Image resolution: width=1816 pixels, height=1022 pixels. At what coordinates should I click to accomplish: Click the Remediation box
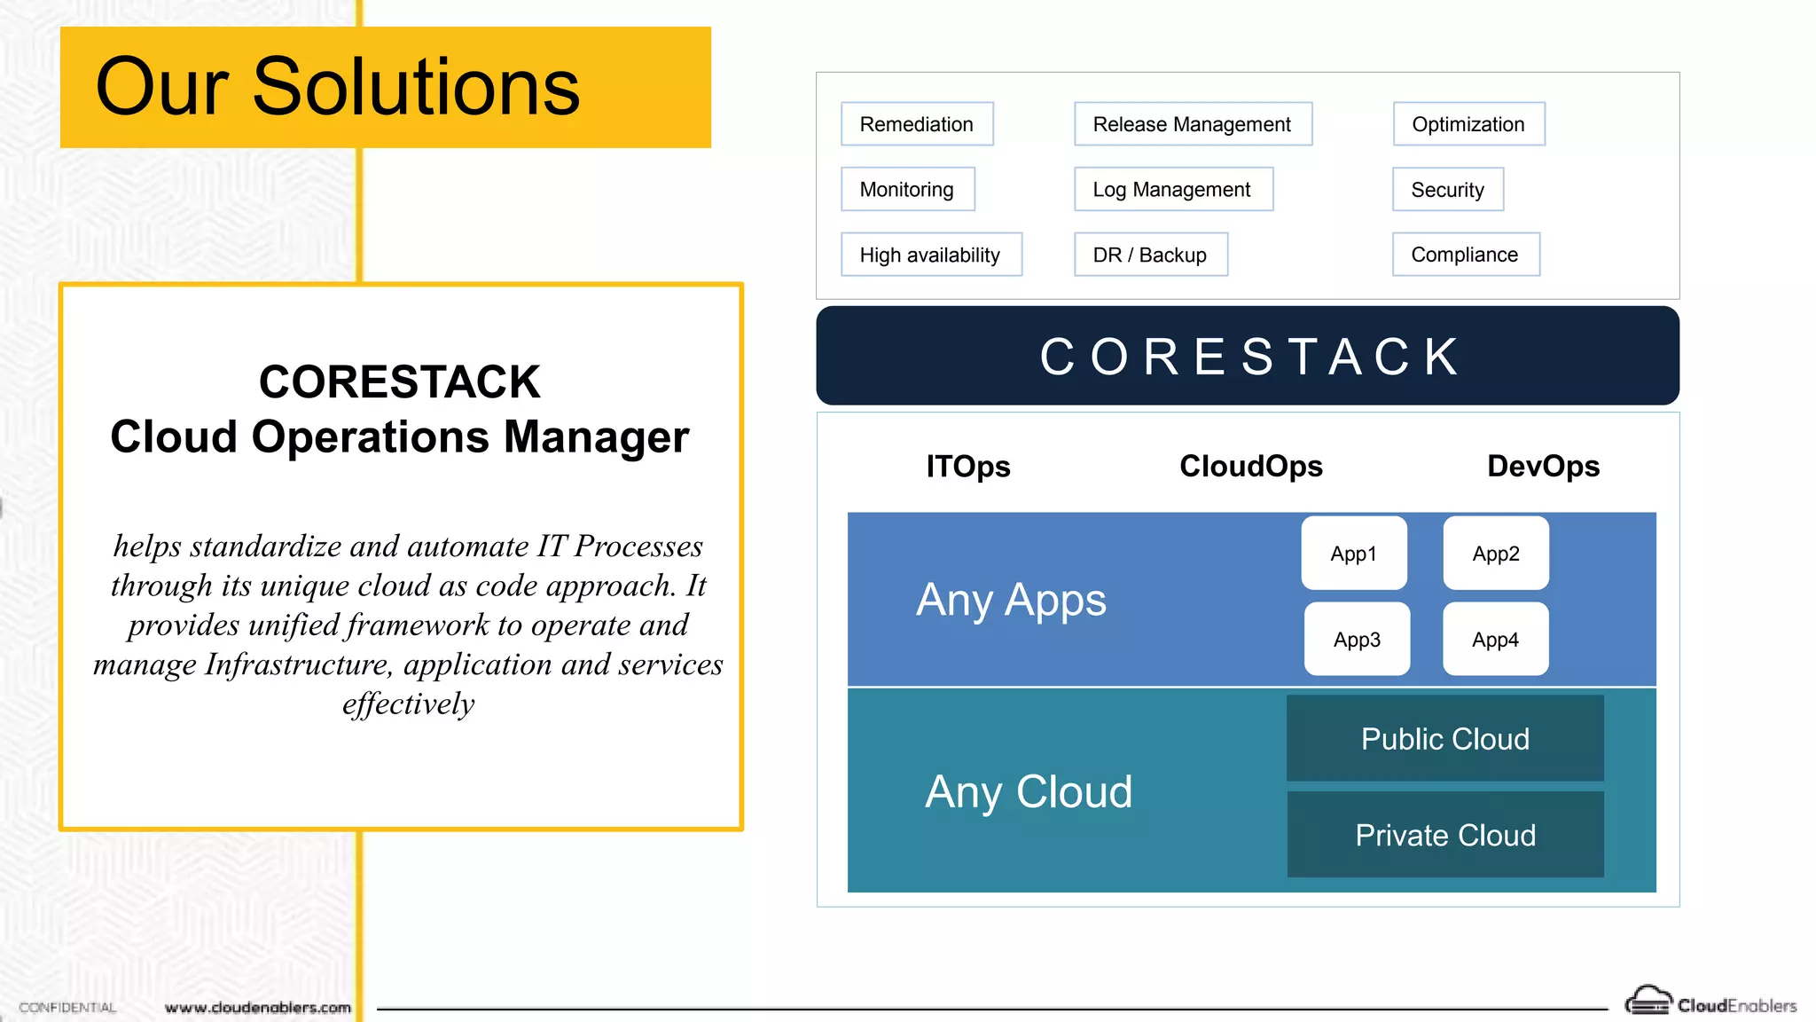click(x=917, y=124)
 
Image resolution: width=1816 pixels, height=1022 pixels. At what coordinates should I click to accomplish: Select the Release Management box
click(x=1193, y=124)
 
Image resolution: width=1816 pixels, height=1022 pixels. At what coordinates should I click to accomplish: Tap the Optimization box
click(x=1468, y=124)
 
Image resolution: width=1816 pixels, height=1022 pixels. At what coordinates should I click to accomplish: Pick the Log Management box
click(x=1172, y=189)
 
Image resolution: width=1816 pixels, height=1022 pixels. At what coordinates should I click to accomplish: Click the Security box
click(x=1447, y=190)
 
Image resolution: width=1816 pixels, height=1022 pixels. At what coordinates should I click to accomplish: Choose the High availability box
click(x=930, y=255)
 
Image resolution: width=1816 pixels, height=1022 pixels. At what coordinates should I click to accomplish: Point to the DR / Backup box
click(x=1150, y=255)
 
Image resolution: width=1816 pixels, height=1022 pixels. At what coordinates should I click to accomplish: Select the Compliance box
click(x=1465, y=255)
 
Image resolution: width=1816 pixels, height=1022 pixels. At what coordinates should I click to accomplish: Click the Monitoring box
click(x=907, y=189)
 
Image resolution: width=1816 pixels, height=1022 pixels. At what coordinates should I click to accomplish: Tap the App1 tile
click(x=1354, y=554)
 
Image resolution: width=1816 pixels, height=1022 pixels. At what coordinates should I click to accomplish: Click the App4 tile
click(x=1495, y=639)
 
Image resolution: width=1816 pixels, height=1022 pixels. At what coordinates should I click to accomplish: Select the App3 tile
click(x=1357, y=639)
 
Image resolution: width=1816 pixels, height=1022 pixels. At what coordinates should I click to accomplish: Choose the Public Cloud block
click(x=1445, y=738)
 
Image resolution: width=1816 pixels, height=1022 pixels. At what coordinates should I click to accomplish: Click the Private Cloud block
click(x=1445, y=835)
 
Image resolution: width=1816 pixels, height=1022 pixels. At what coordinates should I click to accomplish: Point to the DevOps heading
click(x=1543, y=466)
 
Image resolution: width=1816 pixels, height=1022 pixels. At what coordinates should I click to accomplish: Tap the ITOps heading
click(x=968, y=466)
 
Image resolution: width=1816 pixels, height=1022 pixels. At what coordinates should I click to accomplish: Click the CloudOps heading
click(x=1250, y=466)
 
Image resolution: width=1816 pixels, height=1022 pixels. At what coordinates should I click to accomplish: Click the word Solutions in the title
click(x=416, y=87)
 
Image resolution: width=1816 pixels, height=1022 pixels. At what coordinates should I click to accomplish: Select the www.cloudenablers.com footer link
click(x=258, y=1008)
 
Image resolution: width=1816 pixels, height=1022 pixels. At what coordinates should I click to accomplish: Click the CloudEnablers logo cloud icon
click(x=1648, y=1002)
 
